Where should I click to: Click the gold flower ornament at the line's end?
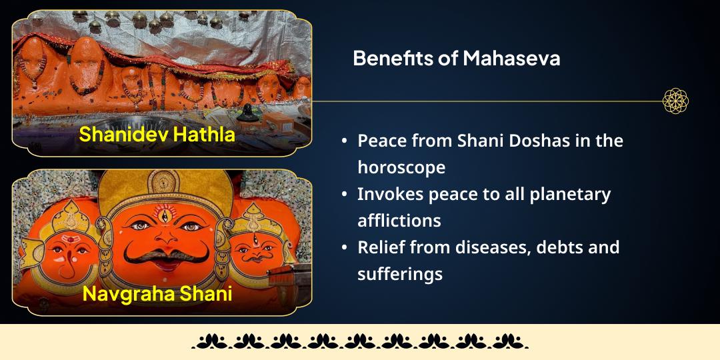[675, 101]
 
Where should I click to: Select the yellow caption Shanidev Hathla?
[157, 134]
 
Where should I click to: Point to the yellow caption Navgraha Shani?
[157, 293]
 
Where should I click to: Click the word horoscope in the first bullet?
[401, 167]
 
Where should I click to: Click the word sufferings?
[400, 273]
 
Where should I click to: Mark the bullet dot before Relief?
[344, 247]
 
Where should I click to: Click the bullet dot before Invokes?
[344, 195]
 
